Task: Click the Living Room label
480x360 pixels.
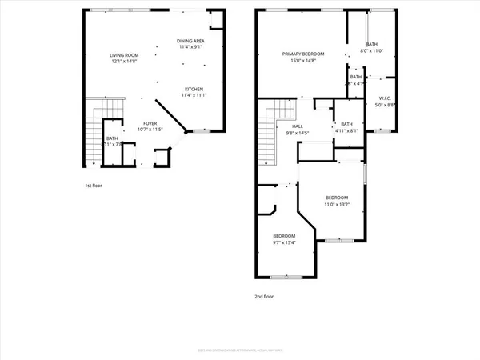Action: coord(124,54)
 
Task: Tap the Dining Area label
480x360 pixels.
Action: coord(190,41)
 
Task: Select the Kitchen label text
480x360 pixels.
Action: coord(194,89)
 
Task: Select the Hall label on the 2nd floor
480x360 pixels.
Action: coord(297,126)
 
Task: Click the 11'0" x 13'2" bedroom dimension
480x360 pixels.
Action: coord(337,204)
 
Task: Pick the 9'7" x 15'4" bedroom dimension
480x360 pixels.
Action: coord(284,243)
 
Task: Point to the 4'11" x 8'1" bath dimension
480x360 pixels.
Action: coord(346,131)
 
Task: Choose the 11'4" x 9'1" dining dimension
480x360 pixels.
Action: coord(190,47)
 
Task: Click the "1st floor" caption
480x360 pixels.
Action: coord(94,186)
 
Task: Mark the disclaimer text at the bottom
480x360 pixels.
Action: coord(240,350)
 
